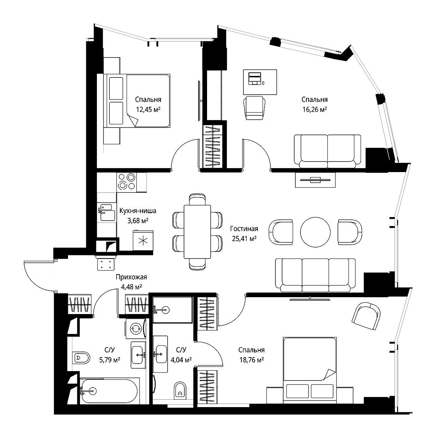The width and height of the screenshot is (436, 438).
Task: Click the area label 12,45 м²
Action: pos(148,109)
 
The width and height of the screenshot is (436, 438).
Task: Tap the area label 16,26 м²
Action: pos(314,109)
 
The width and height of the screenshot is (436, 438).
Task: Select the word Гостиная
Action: pos(244,229)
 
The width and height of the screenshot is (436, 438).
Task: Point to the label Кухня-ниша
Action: pos(138,211)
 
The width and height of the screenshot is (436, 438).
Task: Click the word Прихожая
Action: pos(131,277)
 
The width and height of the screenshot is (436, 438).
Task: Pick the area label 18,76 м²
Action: pos(252,360)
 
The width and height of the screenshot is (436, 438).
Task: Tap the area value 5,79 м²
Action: pos(110,360)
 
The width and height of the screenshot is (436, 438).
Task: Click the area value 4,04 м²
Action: pos(181,360)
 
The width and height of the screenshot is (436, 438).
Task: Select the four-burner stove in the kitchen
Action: pos(127,182)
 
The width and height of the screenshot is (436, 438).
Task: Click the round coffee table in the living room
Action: pos(315,232)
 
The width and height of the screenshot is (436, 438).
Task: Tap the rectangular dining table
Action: pos(197,232)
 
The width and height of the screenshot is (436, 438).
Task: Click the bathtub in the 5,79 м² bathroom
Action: pos(109,391)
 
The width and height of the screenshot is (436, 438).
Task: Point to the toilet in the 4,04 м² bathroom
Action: pos(180,391)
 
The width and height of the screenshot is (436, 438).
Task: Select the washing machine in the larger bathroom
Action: pos(136,328)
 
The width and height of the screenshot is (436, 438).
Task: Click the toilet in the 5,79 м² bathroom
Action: pos(81,357)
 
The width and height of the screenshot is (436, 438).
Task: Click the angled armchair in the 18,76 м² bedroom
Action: pos(366,316)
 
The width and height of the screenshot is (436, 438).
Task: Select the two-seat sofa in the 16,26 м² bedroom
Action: pos(327,151)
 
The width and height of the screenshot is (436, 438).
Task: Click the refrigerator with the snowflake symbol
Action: pos(143,241)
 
